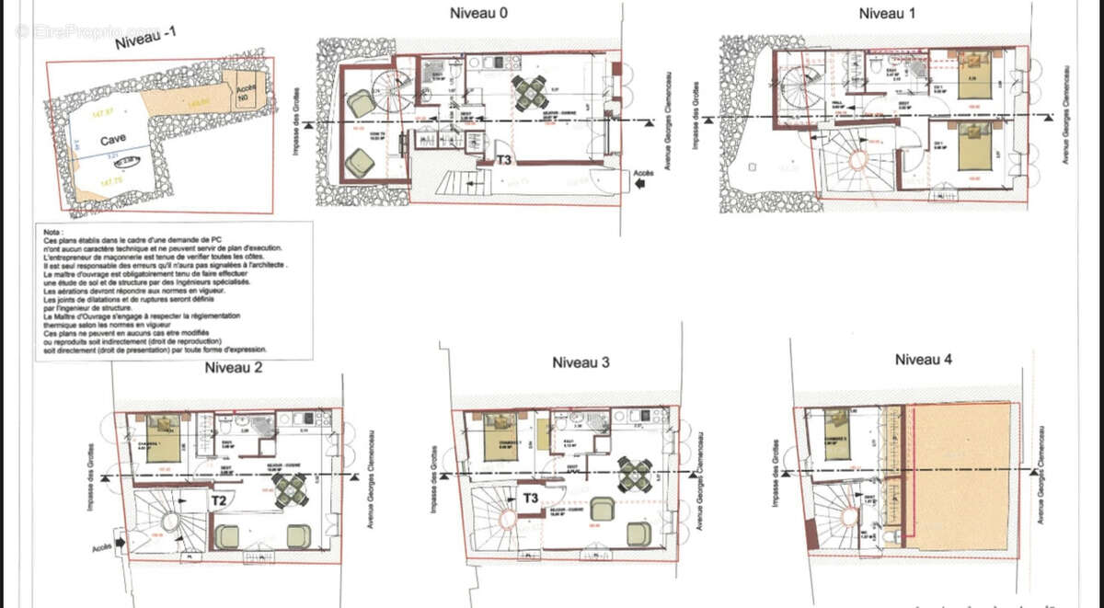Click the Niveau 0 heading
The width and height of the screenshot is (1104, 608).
pyautogui.click(x=478, y=13)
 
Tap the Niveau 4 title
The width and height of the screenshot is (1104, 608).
pyautogui.click(x=923, y=359)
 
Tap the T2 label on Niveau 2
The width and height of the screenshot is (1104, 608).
pyautogui.click(x=219, y=501)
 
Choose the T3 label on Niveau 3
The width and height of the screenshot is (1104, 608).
pyautogui.click(x=531, y=499)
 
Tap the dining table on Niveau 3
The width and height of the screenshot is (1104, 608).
pyautogui.click(x=635, y=474)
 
